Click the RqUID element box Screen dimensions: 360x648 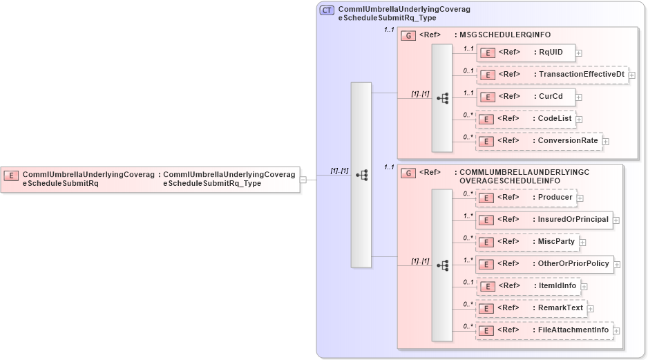click(525, 53)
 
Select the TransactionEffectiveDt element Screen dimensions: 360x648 click(552, 75)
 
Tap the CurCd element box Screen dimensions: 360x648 click(525, 97)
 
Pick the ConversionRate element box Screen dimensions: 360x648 click(538, 141)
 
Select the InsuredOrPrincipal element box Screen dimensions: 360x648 click(544, 220)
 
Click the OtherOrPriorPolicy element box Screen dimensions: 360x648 click(544, 264)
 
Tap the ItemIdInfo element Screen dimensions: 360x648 click(528, 286)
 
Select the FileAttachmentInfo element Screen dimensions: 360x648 click(544, 330)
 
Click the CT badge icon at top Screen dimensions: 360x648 click(327, 10)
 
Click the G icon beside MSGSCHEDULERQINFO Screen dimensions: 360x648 click(408, 35)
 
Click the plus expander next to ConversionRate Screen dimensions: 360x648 click(606, 141)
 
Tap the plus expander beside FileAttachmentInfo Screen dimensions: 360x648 click(617, 330)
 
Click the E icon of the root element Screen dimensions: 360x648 click(11, 176)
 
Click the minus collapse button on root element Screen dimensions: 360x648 click(303, 180)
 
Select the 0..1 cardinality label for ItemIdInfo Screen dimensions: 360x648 click(468, 282)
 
